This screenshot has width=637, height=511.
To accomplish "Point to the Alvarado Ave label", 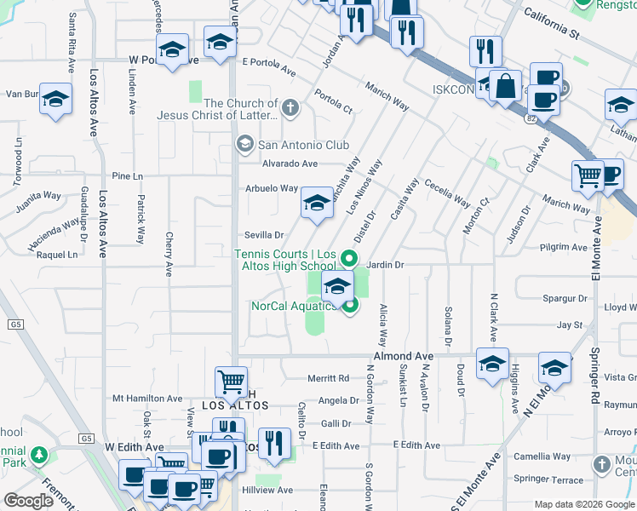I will point(290,164).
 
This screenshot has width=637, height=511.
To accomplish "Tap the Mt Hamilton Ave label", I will point(147,398).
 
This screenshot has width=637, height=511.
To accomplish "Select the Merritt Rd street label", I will point(329,378).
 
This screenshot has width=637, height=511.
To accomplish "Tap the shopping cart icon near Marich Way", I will point(588,175).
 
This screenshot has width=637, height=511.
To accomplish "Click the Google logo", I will point(28,501).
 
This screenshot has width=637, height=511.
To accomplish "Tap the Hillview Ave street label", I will point(267,491).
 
